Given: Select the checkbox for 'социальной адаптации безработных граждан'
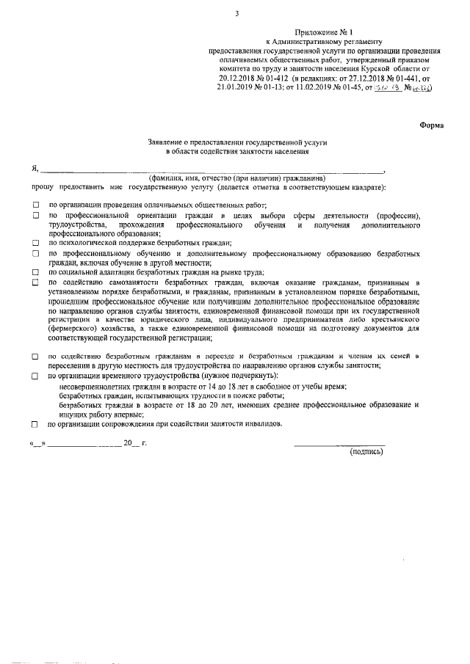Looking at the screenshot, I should click(x=35, y=271).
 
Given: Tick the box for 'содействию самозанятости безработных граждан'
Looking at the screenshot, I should click(x=35, y=282).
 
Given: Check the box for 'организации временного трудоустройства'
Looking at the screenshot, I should click(x=35, y=376).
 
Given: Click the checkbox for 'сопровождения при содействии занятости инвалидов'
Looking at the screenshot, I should click(x=35, y=425).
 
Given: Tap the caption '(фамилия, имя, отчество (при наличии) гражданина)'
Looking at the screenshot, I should click(x=236, y=178).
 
